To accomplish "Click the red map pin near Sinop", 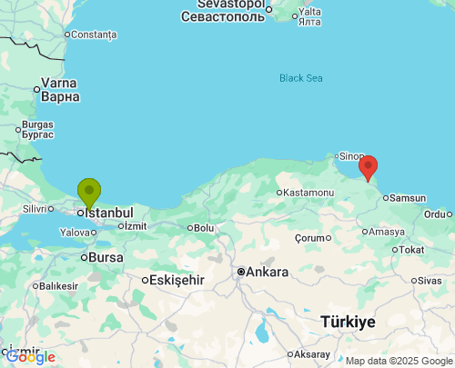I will [x=368, y=167].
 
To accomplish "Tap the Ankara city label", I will [x=268, y=272].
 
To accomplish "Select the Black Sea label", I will [x=301, y=78].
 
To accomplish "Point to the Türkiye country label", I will [x=349, y=322].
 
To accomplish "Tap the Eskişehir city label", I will [x=180, y=280].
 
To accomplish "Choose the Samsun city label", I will [x=407, y=198].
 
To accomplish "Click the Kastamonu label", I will [x=308, y=193].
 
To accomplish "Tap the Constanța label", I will [x=94, y=35].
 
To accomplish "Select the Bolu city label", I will [x=203, y=228].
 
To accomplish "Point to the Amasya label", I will [x=387, y=232].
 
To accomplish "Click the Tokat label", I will [x=411, y=250].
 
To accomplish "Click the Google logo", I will [x=32, y=357].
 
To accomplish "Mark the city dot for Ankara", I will [x=241, y=272].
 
